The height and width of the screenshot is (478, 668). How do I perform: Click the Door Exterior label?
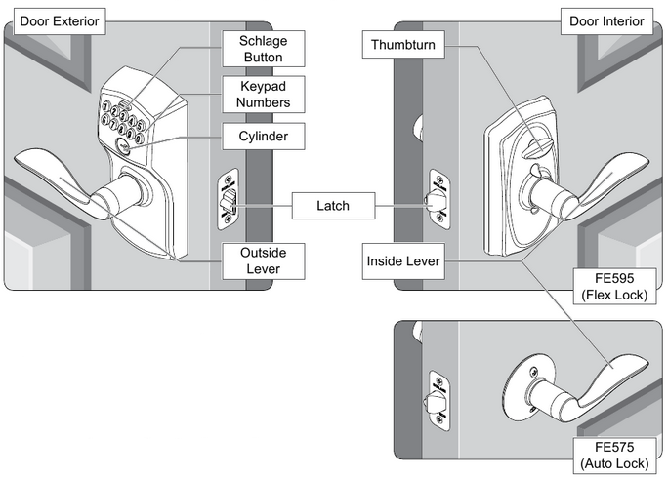pos(54,19)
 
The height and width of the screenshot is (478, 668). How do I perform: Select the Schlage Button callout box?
pos(263,48)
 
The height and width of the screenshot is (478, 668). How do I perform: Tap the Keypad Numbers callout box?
pos(263,93)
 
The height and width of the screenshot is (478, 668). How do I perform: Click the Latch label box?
pos(332,206)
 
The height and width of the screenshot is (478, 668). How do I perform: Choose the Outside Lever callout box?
pos(263,260)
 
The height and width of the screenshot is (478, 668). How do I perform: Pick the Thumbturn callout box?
pos(401,44)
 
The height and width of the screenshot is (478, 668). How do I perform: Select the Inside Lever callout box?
pos(401,261)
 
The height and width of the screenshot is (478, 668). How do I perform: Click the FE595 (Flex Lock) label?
pos(613,286)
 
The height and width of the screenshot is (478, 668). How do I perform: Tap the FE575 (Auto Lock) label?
pos(613,456)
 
